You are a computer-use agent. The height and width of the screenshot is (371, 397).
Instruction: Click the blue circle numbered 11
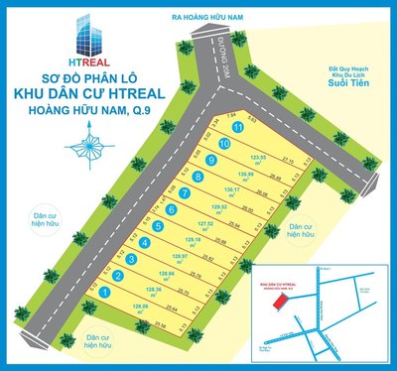click(x=237, y=128)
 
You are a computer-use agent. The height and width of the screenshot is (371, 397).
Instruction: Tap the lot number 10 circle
click(x=225, y=145)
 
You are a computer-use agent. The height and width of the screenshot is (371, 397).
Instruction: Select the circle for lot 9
click(x=211, y=161)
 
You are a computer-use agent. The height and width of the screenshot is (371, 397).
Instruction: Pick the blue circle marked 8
click(x=198, y=178)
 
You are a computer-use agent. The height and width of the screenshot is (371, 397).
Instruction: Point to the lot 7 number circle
click(x=185, y=193)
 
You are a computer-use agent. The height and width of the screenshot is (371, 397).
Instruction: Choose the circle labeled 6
click(x=171, y=209)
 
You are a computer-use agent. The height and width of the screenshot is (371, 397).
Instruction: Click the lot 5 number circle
click(x=158, y=226)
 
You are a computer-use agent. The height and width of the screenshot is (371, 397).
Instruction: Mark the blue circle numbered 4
click(x=145, y=243)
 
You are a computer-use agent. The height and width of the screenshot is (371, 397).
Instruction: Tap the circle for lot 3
click(x=132, y=259)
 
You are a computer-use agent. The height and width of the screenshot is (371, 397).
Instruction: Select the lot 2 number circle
click(x=118, y=276)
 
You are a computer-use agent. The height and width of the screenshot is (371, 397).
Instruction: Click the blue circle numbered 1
click(x=105, y=293)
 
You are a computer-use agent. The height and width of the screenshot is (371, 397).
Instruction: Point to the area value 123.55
click(x=261, y=159)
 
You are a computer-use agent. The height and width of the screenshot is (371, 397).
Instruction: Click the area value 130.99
click(x=246, y=176)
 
